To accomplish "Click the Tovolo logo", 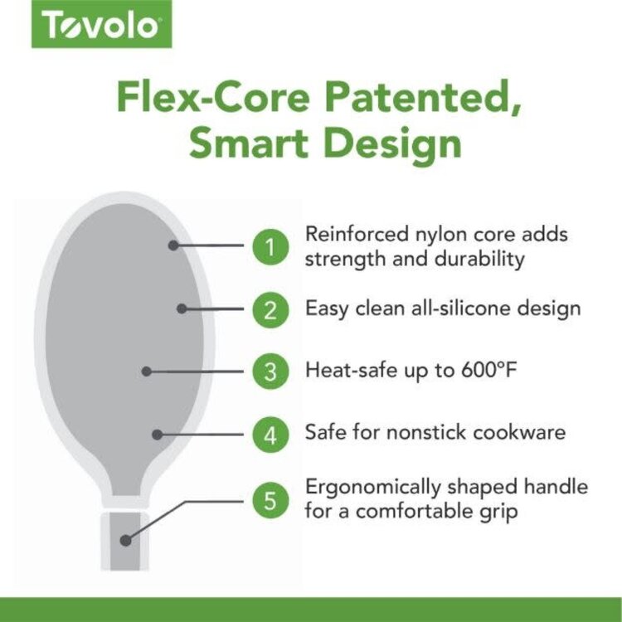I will pos(102,26).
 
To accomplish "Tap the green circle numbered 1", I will pos(270,246).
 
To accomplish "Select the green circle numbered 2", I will pos(270,309).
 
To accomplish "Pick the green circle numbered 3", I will pos(270,371).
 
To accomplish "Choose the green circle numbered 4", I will pos(270,433).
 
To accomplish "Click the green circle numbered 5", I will pos(270,500).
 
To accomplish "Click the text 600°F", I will pos(481,370).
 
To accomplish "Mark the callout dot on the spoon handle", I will pos(125,540).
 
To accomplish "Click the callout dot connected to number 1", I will pos(173,245).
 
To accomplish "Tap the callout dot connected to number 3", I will pos(147,372).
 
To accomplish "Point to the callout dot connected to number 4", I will pos(156,433).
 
